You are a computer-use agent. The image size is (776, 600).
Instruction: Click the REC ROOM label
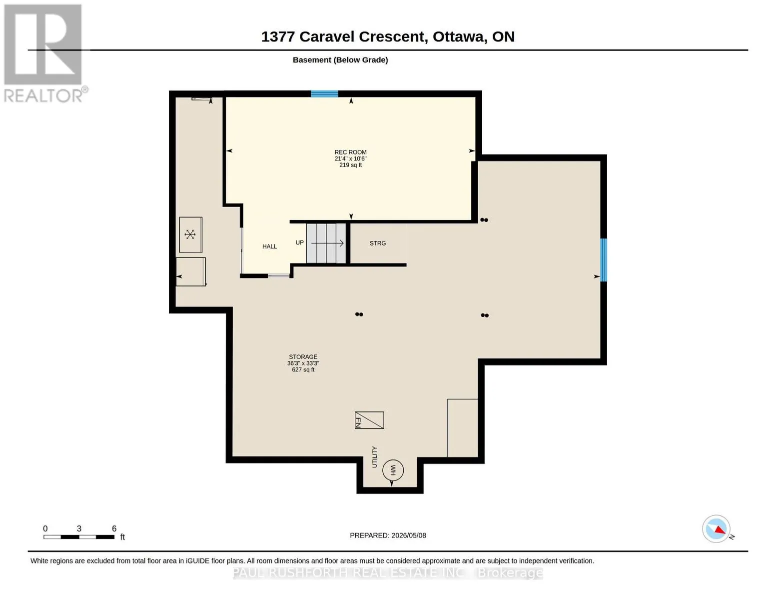(350, 152)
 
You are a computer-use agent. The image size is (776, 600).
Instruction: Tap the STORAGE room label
(303, 357)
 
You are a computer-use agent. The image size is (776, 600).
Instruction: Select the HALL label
(270, 246)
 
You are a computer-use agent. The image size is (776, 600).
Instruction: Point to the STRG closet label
(378, 243)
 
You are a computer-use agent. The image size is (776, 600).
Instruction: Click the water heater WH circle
(393, 470)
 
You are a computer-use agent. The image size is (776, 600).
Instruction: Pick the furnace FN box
(369, 420)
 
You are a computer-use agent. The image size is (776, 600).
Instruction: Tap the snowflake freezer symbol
(190, 234)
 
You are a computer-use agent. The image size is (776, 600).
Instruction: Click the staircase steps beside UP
(326, 243)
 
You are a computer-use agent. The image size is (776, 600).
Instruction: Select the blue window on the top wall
(324, 94)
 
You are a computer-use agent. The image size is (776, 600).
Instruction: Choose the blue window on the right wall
(604, 260)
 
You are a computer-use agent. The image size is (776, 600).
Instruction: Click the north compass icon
(717, 529)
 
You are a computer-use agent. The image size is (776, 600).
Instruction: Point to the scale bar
(79, 537)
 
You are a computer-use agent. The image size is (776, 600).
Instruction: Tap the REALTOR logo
(44, 53)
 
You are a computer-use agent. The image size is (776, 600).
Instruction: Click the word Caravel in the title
(326, 36)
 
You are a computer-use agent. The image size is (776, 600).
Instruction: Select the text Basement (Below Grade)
(340, 60)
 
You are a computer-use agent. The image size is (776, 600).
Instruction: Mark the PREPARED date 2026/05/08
(409, 535)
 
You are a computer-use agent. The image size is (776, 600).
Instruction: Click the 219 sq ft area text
(350, 165)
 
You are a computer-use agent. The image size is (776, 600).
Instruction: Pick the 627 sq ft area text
(303, 370)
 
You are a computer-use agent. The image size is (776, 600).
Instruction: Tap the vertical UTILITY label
(374, 457)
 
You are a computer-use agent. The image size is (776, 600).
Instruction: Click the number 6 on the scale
(114, 528)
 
